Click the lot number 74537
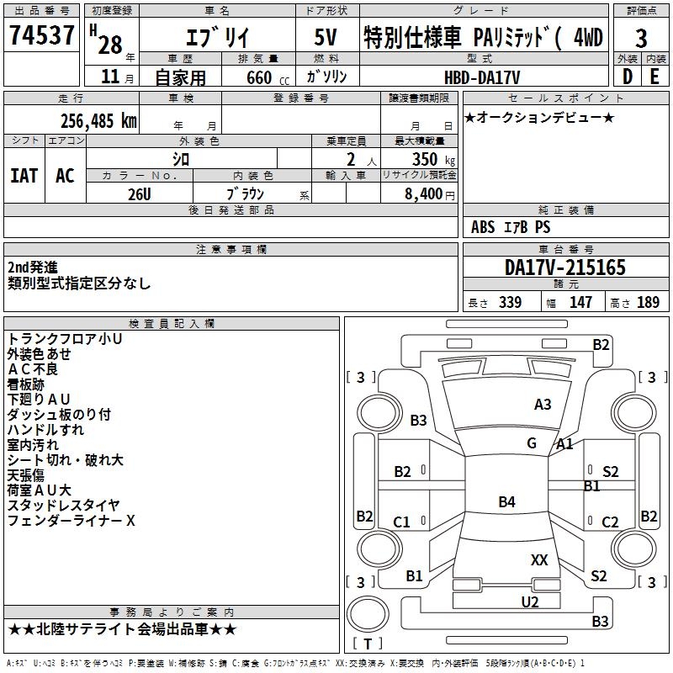click(41, 34)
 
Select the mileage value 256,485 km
click(98, 121)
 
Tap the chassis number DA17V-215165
click(564, 268)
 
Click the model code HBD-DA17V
click(482, 77)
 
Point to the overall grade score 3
click(641, 39)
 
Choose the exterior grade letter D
click(628, 77)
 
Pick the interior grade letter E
click(654, 77)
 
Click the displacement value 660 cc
click(268, 77)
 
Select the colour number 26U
click(140, 194)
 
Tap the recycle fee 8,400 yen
click(429, 194)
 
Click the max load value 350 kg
click(433, 159)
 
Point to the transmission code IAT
click(24, 176)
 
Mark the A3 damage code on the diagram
click(543, 405)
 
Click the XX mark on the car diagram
click(539, 560)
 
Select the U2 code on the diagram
click(530, 602)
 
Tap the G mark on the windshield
click(532, 443)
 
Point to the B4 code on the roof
click(507, 501)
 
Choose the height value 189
click(648, 302)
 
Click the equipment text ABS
click(483, 227)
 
